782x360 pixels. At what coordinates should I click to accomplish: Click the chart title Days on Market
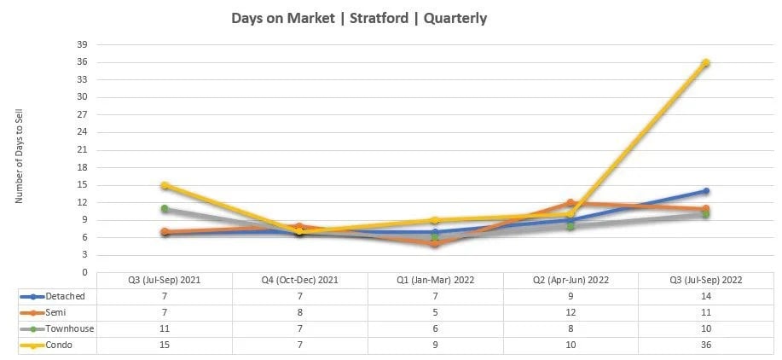tap(359, 18)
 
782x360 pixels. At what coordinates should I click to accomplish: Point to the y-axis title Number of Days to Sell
tap(20, 161)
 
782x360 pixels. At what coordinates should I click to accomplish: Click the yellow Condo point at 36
tap(706, 62)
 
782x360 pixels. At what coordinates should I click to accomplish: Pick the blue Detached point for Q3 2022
tap(706, 191)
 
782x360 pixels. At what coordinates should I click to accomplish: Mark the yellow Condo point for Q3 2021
tap(165, 185)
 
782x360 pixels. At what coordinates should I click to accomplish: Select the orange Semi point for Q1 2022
tap(435, 243)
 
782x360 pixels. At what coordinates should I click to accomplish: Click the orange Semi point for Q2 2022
tap(571, 203)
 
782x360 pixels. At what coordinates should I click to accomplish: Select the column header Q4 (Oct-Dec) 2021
tap(299, 280)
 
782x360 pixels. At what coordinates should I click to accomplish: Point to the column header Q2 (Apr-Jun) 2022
tap(571, 280)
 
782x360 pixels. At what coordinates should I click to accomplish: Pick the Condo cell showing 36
tap(706, 345)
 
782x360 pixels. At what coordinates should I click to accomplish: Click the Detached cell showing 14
tap(706, 296)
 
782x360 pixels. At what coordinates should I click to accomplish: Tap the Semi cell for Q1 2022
tap(435, 312)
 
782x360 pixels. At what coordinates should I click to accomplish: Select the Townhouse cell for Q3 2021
tap(165, 328)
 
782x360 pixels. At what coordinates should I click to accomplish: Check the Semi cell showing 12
tap(571, 312)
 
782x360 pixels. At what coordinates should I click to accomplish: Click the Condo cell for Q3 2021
tap(165, 345)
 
